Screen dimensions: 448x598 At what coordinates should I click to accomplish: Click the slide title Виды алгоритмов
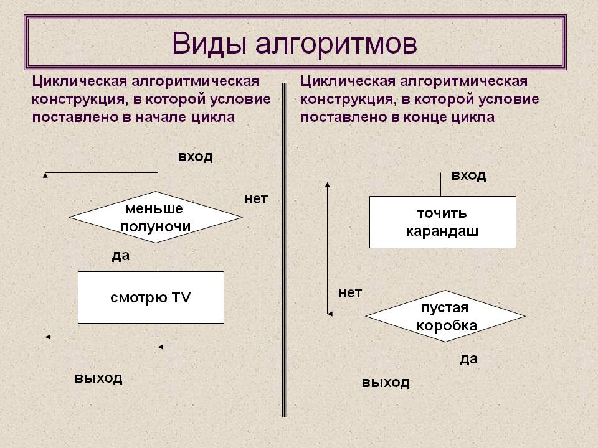295,44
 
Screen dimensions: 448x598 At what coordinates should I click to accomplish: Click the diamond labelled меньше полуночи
155,217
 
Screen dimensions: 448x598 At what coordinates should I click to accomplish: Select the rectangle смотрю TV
151,297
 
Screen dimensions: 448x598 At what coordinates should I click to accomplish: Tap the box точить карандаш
442,222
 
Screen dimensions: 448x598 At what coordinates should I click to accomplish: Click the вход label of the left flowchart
195,156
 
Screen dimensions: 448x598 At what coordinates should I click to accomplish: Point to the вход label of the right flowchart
468,175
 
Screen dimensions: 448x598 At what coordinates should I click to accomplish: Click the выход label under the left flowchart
98,378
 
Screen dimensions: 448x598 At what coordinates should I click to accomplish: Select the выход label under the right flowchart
386,382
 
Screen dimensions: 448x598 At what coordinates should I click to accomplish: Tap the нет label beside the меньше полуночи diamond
255,199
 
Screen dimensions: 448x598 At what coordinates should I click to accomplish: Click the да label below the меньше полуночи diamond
121,255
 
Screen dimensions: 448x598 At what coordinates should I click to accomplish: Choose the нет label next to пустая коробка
349,292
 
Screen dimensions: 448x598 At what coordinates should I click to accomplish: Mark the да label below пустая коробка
468,358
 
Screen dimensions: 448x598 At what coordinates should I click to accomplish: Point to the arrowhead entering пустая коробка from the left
332,314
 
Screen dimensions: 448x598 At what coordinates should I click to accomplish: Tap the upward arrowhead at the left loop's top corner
45,177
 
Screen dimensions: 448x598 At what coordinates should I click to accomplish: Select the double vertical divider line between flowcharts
285,249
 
